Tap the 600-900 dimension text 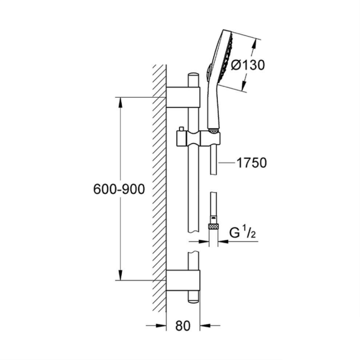tap(119, 190)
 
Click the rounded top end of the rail tap(193, 76)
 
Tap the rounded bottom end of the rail tap(193, 298)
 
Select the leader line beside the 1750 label tap(226, 163)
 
